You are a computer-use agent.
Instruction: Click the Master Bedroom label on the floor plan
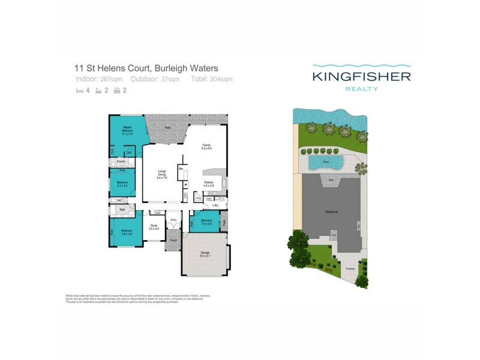coord(127,130)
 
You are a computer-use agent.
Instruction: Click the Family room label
coord(206,146)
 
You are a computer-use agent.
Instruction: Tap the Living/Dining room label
coord(161,175)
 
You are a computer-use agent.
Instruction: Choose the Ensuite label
coord(121,163)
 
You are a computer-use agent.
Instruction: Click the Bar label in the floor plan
coord(180,170)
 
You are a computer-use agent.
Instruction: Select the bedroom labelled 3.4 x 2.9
coord(206,222)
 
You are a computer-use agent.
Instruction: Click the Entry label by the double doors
coord(174,220)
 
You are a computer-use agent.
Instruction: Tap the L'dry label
coord(215,206)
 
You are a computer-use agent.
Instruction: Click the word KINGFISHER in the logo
coord(361,76)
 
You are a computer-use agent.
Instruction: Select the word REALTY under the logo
coord(361,89)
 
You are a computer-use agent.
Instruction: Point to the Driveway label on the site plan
coord(350,269)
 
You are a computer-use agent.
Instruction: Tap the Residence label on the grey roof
coord(332,212)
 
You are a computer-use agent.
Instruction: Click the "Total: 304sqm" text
coord(212,79)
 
